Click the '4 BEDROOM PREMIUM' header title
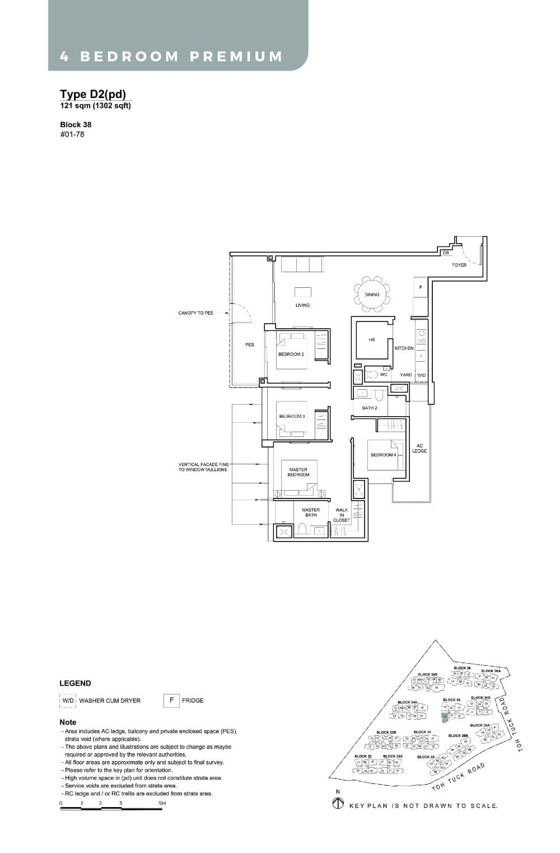171,57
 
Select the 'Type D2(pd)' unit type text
93,94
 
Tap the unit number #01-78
72,134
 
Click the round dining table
372,294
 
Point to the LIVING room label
302,305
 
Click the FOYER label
459,265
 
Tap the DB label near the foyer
446,253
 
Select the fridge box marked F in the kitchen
420,287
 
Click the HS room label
372,340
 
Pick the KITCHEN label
404,348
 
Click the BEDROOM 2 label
291,354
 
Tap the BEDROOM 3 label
292,416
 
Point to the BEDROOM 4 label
383,455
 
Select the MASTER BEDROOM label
298,472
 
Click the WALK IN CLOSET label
341,515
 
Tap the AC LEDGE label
419,449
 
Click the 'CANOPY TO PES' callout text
195,313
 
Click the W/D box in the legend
68,701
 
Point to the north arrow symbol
338,804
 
